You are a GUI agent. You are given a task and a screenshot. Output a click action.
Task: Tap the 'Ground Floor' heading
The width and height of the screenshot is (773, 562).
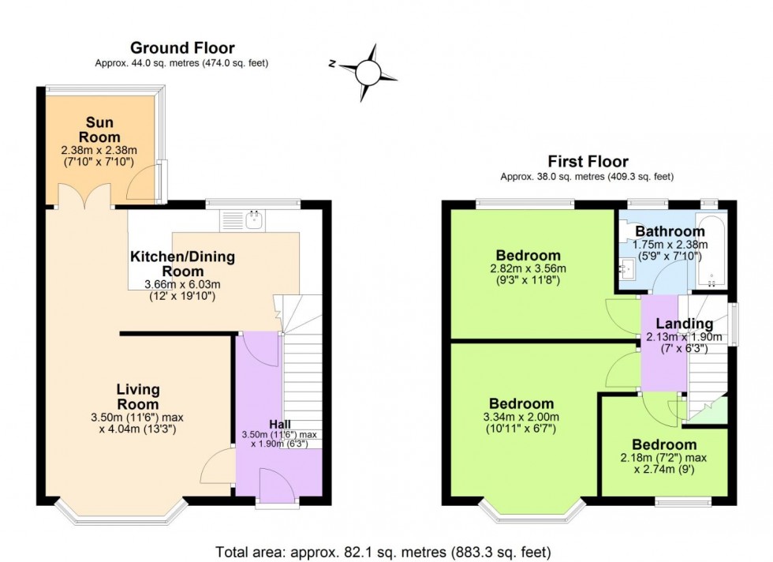182,48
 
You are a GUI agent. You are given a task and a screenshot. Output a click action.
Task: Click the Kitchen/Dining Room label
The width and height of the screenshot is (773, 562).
182,264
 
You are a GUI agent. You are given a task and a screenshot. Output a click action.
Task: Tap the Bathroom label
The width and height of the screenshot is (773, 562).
670,231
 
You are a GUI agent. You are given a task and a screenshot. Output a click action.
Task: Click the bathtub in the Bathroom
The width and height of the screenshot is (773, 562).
711,252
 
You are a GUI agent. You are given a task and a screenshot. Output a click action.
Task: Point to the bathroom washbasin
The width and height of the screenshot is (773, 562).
626,270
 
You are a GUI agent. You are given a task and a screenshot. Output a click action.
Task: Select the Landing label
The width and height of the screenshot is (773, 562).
684,324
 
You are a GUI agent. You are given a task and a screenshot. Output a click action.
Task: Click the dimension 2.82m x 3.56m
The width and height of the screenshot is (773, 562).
528,268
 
